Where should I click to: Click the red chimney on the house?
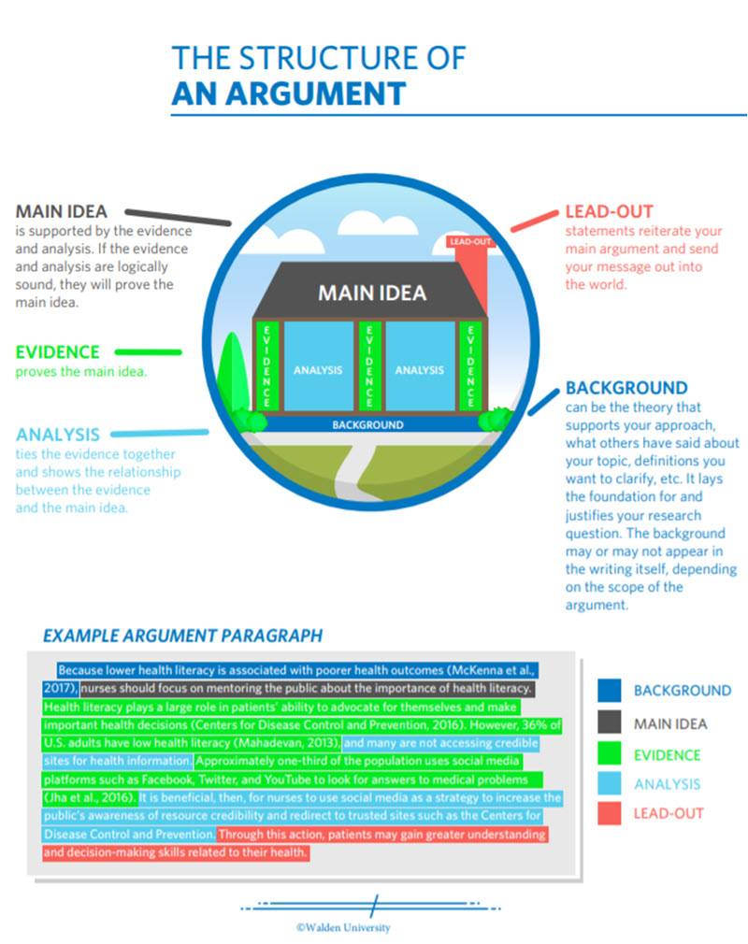[472, 271]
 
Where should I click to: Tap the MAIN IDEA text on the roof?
[372, 293]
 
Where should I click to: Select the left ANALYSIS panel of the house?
[318, 366]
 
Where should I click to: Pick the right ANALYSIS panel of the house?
[420, 366]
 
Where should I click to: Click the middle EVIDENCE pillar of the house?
[369, 366]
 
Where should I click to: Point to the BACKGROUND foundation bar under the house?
[368, 423]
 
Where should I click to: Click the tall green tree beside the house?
[233, 377]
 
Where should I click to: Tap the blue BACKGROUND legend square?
[609, 691]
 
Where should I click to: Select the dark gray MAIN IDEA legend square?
[609, 722]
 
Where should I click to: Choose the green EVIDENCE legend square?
[609, 753]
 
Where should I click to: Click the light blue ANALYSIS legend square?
[609, 783]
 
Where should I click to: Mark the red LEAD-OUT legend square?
[609, 813]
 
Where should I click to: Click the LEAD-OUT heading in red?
[609, 212]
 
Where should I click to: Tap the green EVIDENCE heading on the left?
[57, 352]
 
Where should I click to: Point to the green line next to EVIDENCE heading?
[148, 352]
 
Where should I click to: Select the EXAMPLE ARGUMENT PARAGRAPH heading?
[182, 636]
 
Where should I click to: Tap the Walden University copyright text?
[343, 928]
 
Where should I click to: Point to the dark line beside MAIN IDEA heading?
[178, 218]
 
